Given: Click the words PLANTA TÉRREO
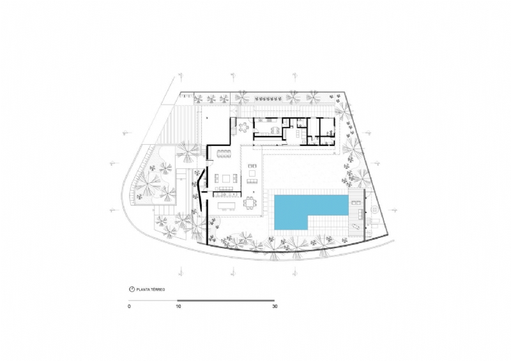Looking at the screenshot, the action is (151, 290).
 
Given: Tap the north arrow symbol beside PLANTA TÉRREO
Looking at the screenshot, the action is (132, 290).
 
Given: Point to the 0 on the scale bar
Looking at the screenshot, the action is (130, 306).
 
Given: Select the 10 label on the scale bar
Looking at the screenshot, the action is (178, 306).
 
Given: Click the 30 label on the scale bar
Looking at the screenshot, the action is (275, 306).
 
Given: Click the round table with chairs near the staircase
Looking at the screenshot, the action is (243, 127).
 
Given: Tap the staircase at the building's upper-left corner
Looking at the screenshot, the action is (233, 127).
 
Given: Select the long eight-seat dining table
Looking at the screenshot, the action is (224, 153).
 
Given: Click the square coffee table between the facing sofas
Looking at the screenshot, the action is (226, 179).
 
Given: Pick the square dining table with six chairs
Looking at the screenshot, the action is (250, 203).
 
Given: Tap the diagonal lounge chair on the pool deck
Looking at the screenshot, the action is (355, 226).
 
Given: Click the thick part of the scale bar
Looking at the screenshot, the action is (226, 300).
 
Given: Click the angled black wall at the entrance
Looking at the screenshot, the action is (199, 189).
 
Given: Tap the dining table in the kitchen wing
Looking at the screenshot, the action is (274, 130).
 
